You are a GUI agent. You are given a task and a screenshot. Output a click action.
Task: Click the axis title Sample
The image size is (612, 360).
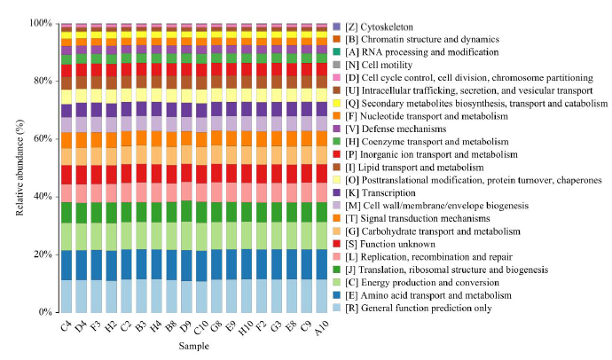pyautogui.click(x=192, y=350)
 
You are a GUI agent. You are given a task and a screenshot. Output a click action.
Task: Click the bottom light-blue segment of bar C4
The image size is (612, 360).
pyautogui.click(x=66, y=296)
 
